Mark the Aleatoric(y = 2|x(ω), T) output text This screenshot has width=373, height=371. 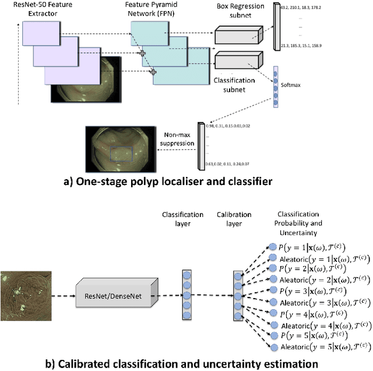pyautogui.click(x=322, y=281)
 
